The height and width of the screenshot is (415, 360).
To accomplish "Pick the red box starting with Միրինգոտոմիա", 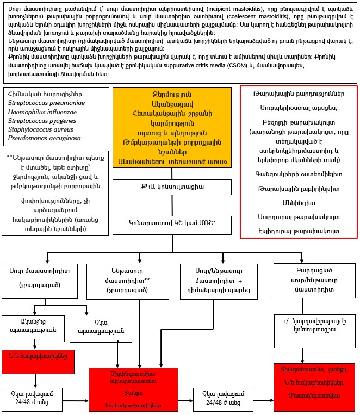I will [141, 388].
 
